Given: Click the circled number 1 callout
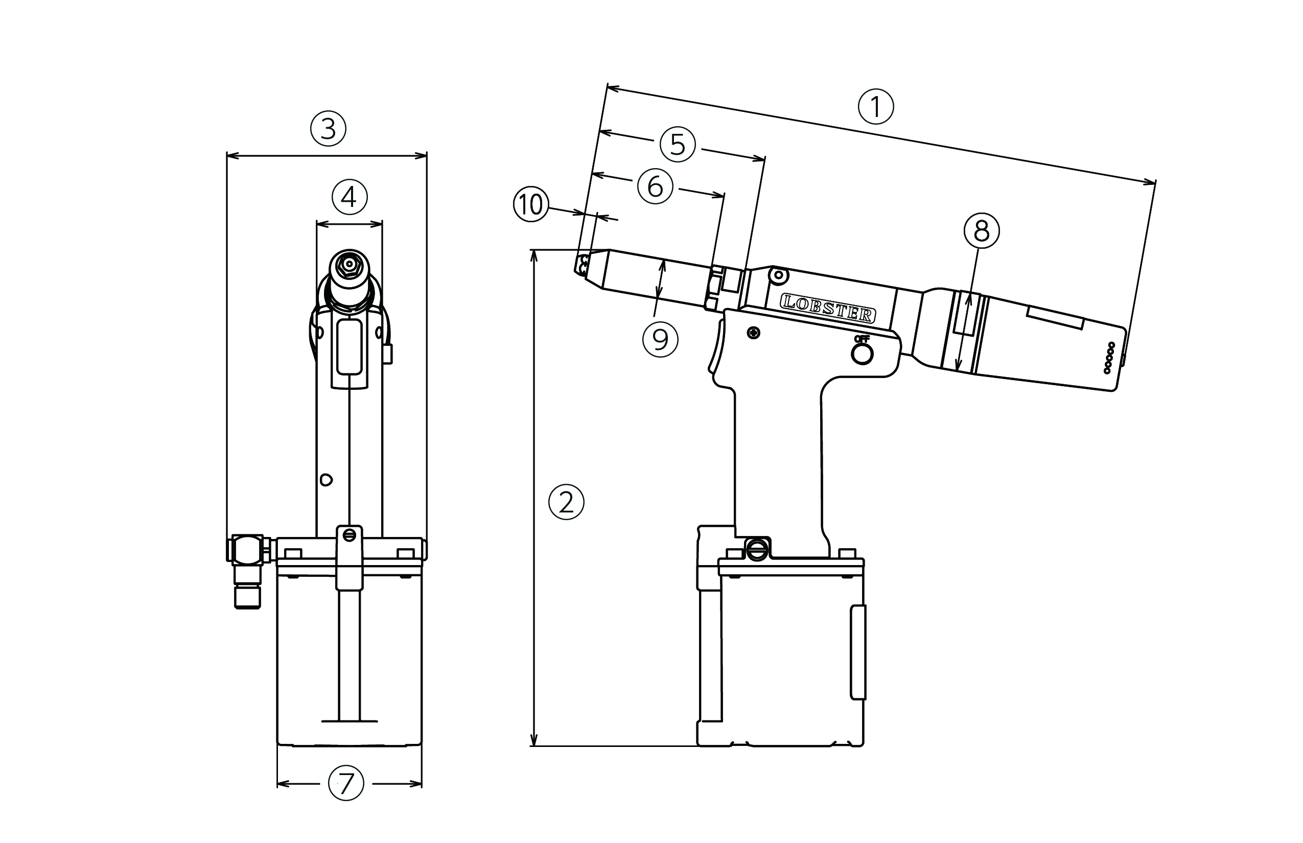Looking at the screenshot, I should click(x=875, y=106).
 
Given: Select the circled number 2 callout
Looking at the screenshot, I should click(x=566, y=501).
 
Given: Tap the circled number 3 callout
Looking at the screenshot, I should click(x=328, y=129).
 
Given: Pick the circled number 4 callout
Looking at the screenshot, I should click(x=350, y=197).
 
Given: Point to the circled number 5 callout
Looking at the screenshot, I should click(x=677, y=145).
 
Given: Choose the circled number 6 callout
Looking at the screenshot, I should click(x=655, y=186).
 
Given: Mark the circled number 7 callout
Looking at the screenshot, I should click(x=346, y=783).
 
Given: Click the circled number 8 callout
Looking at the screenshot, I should click(x=981, y=231).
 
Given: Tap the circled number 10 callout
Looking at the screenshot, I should click(x=530, y=205).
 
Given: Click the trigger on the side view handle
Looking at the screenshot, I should click(x=717, y=350).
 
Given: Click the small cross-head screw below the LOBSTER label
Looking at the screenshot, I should click(x=754, y=332).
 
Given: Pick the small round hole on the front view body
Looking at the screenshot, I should click(x=326, y=480).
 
